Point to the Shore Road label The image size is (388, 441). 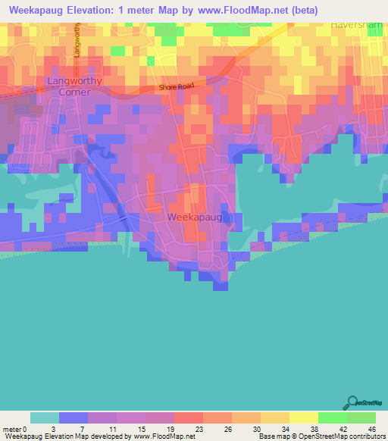pos(177,87)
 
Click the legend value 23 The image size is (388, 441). pos(188,429)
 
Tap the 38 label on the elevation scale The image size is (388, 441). pos(303,429)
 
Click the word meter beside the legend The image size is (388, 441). pos(11,429)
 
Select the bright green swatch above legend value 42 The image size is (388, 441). pos(332,418)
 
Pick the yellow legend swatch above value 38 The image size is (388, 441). pos(303,418)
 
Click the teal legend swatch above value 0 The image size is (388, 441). pos(44,418)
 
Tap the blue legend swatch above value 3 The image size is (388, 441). pos(73,418)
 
